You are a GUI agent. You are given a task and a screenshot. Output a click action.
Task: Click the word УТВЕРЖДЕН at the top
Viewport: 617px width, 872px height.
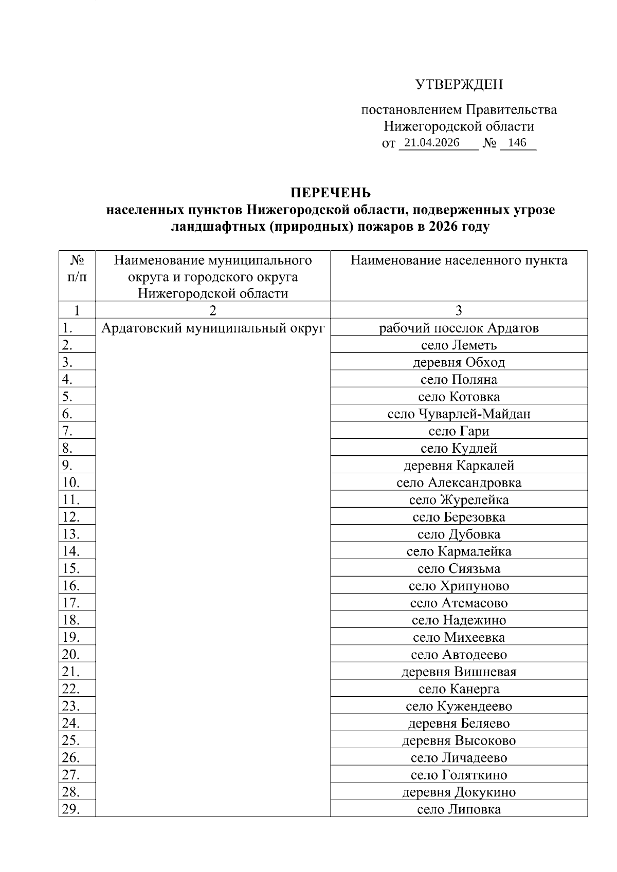tap(459, 85)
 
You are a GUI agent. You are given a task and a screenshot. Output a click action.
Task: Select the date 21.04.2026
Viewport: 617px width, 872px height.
tap(431, 143)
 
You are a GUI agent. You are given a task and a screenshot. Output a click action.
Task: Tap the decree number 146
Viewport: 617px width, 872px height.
tap(517, 143)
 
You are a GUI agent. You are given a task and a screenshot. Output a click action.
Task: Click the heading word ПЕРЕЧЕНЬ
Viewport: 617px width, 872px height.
tap(330, 193)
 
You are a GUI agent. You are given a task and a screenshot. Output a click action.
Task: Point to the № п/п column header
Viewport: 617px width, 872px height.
tap(77, 269)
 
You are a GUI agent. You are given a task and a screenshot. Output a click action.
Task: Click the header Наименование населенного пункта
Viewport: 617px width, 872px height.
tap(459, 261)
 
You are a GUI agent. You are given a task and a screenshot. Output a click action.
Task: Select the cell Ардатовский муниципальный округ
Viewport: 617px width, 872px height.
tap(213, 328)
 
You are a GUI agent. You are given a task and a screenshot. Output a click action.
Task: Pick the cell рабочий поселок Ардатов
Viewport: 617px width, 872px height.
tap(459, 328)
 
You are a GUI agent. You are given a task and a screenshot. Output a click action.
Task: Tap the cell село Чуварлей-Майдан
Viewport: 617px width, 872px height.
tap(459, 414)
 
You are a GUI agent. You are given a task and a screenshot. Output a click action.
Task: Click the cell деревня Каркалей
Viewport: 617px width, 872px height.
tap(459, 466)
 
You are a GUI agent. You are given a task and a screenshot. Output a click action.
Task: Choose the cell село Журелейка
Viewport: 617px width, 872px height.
tap(459, 500)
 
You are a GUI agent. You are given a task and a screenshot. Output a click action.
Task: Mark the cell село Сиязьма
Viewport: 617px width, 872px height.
tap(459, 569)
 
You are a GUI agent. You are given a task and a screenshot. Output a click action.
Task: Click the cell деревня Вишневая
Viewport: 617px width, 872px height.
tap(459, 672)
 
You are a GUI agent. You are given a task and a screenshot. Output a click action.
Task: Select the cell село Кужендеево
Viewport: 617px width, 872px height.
tap(459, 706)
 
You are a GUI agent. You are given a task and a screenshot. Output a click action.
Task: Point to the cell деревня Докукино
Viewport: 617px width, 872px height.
tap(459, 792)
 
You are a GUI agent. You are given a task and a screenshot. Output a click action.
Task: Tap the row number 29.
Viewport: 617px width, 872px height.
tap(70, 809)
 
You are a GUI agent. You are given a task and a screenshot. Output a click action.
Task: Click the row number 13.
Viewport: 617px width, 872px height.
tap(70, 534)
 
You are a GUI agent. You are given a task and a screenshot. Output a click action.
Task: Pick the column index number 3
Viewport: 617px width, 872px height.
tap(459, 310)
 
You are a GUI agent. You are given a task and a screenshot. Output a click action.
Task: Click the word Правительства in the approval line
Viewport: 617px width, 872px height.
tap(511, 110)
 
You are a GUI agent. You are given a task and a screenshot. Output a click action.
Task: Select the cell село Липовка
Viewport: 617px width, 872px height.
tap(459, 810)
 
